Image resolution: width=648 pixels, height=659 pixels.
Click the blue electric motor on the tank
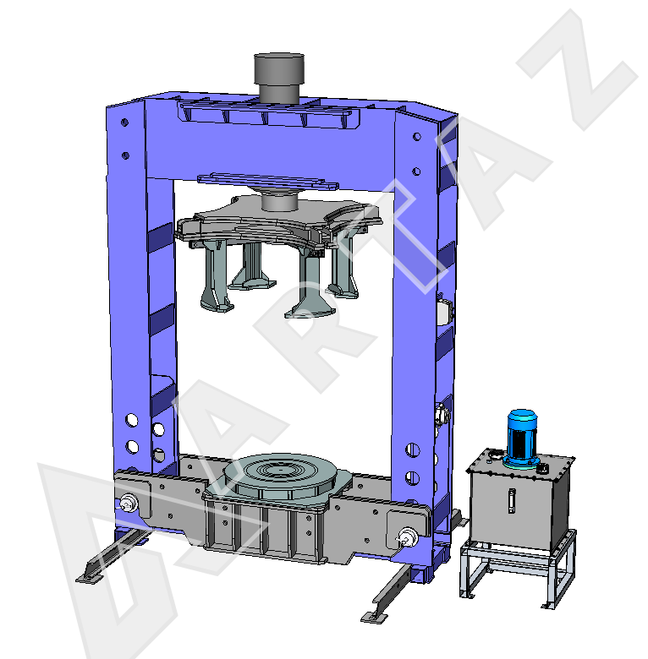(x=522, y=438)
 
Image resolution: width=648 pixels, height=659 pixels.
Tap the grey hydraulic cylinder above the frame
(x=279, y=77)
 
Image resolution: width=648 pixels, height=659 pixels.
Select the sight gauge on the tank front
(x=511, y=500)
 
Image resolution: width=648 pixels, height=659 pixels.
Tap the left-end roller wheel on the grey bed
(x=129, y=503)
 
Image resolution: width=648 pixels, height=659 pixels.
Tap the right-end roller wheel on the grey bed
(x=407, y=537)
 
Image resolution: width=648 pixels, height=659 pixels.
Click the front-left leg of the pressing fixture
(x=216, y=276)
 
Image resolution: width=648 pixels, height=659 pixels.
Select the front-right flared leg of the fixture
(x=310, y=286)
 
